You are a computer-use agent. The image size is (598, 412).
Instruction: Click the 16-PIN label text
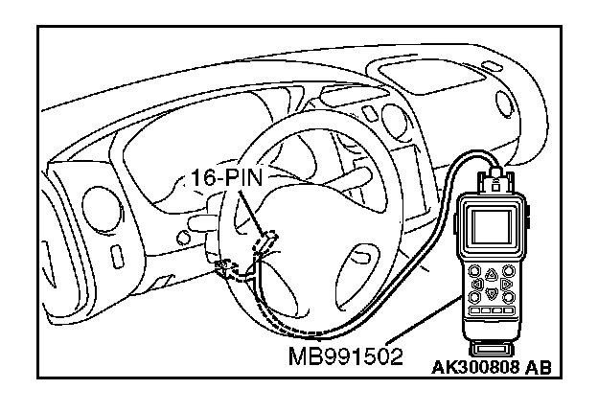(221, 178)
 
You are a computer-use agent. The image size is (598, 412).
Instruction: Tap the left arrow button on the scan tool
(476, 285)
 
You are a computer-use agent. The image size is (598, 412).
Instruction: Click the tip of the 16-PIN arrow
(265, 235)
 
